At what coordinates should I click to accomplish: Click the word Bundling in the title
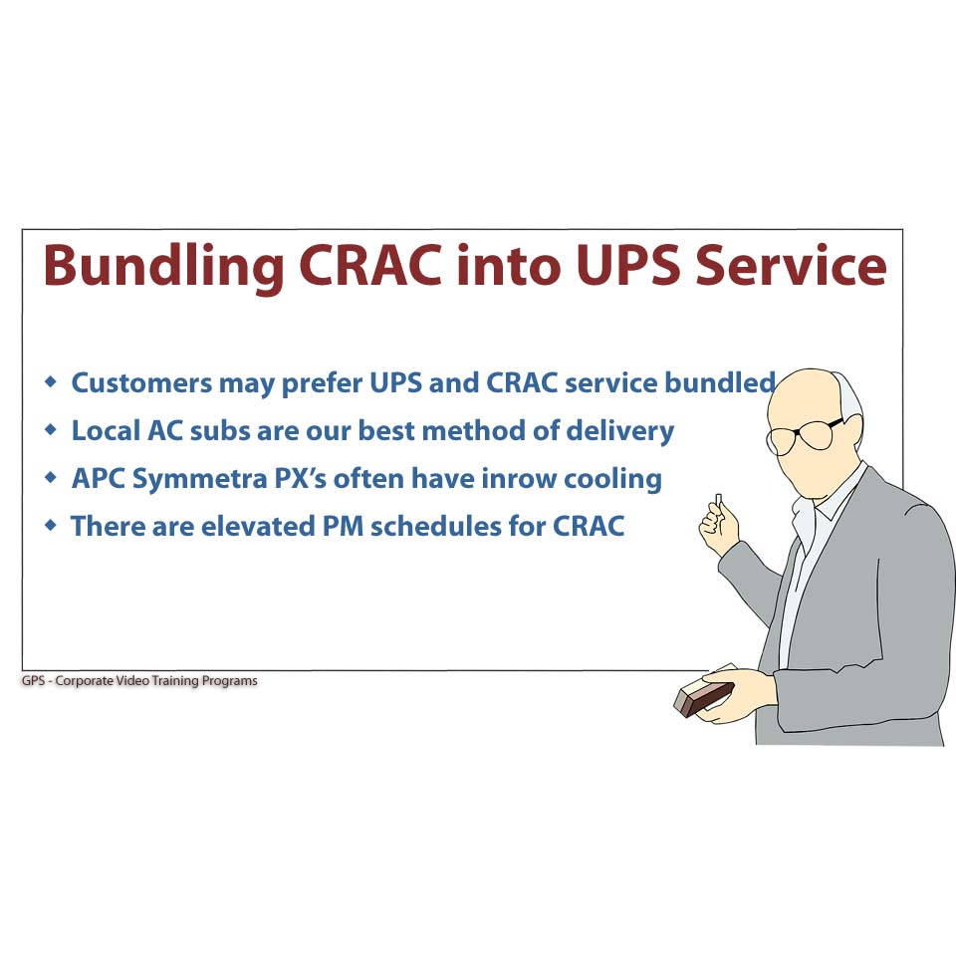(163, 268)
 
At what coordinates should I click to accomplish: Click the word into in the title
(510, 266)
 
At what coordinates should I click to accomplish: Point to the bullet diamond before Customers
(51, 381)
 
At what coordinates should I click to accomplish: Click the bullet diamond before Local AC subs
(51, 429)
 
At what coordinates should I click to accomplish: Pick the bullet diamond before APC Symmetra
(51, 477)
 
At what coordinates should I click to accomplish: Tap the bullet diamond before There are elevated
(51, 525)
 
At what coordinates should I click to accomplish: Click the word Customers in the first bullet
(142, 382)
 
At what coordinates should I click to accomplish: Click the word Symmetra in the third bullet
(200, 480)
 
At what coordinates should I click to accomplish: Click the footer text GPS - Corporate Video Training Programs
(139, 680)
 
